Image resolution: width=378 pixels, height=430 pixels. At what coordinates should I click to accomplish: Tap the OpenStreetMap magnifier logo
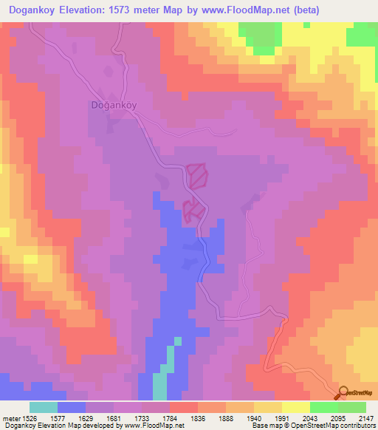(x=344, y=392)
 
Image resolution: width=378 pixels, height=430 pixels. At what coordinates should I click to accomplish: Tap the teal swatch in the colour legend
(x=44, y=407)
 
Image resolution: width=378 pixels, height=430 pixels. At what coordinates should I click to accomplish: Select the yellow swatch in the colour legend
(x=296, y=407)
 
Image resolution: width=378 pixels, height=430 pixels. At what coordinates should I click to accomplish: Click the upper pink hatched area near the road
(x=198, y=175)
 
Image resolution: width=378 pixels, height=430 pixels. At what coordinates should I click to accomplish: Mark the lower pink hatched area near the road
(x=193, y=211)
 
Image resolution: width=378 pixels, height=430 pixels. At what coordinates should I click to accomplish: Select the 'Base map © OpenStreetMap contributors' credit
(x=312, y=426)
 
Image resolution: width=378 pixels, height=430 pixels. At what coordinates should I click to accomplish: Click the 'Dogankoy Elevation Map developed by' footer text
(x=52, y=426)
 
